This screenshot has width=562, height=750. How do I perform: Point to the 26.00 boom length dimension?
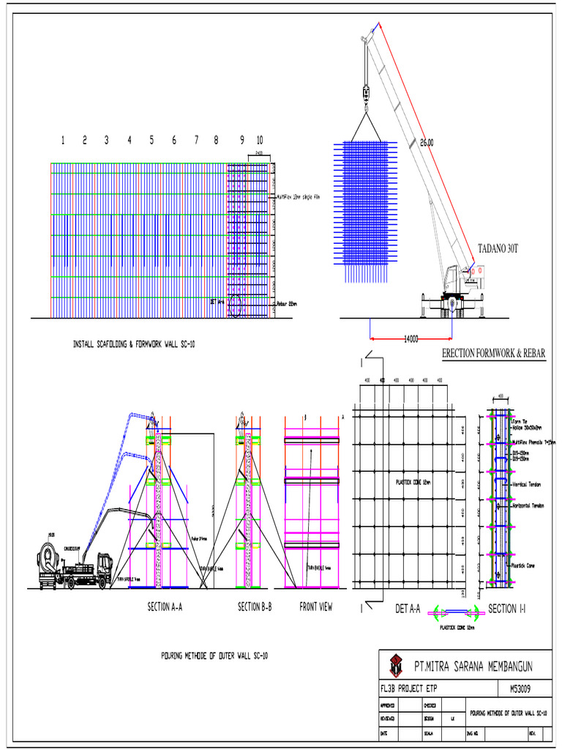[426, 143]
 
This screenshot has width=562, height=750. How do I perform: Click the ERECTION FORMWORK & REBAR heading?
[494, 354]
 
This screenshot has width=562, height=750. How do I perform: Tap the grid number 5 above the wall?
[151, 140]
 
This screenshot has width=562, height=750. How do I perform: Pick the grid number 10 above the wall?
[260, 140]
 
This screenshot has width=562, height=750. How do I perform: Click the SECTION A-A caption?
[165, 606]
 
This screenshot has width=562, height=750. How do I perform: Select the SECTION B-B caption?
[255, 606]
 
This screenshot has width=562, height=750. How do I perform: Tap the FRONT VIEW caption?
[316, 606]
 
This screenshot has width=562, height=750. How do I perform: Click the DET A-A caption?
[408, 608]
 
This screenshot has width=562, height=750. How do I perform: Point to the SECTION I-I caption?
[507, 608]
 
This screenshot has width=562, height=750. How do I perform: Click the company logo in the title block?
[396, 665]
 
